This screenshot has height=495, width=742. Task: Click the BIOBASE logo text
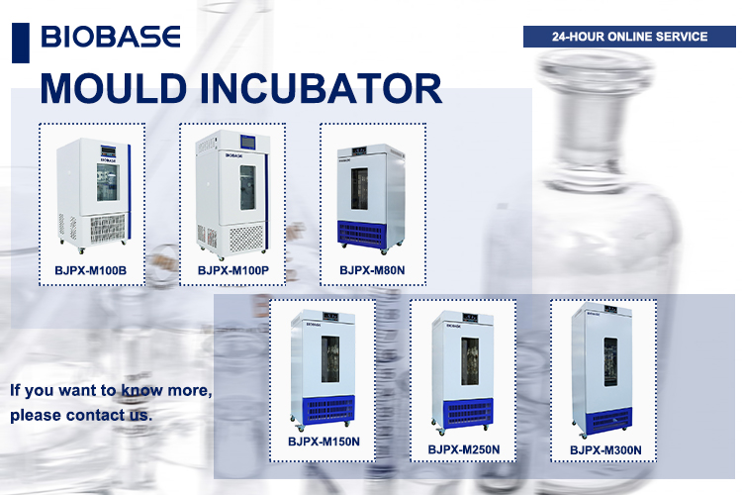tap(111, 38)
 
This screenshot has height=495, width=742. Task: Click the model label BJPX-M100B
tap(92, 268)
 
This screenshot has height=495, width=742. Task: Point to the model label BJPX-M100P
tap(232, 269)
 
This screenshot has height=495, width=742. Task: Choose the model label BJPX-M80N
tap(372, 268)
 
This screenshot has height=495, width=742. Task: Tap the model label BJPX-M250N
tap(463, 449)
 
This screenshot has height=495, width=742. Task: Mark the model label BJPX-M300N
tap(605, 450)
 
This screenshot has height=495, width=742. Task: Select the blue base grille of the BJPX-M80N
tap(371, 235)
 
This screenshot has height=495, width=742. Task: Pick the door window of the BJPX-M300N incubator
tap(610, 364)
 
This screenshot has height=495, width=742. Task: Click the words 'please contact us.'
tap(82, 415)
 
